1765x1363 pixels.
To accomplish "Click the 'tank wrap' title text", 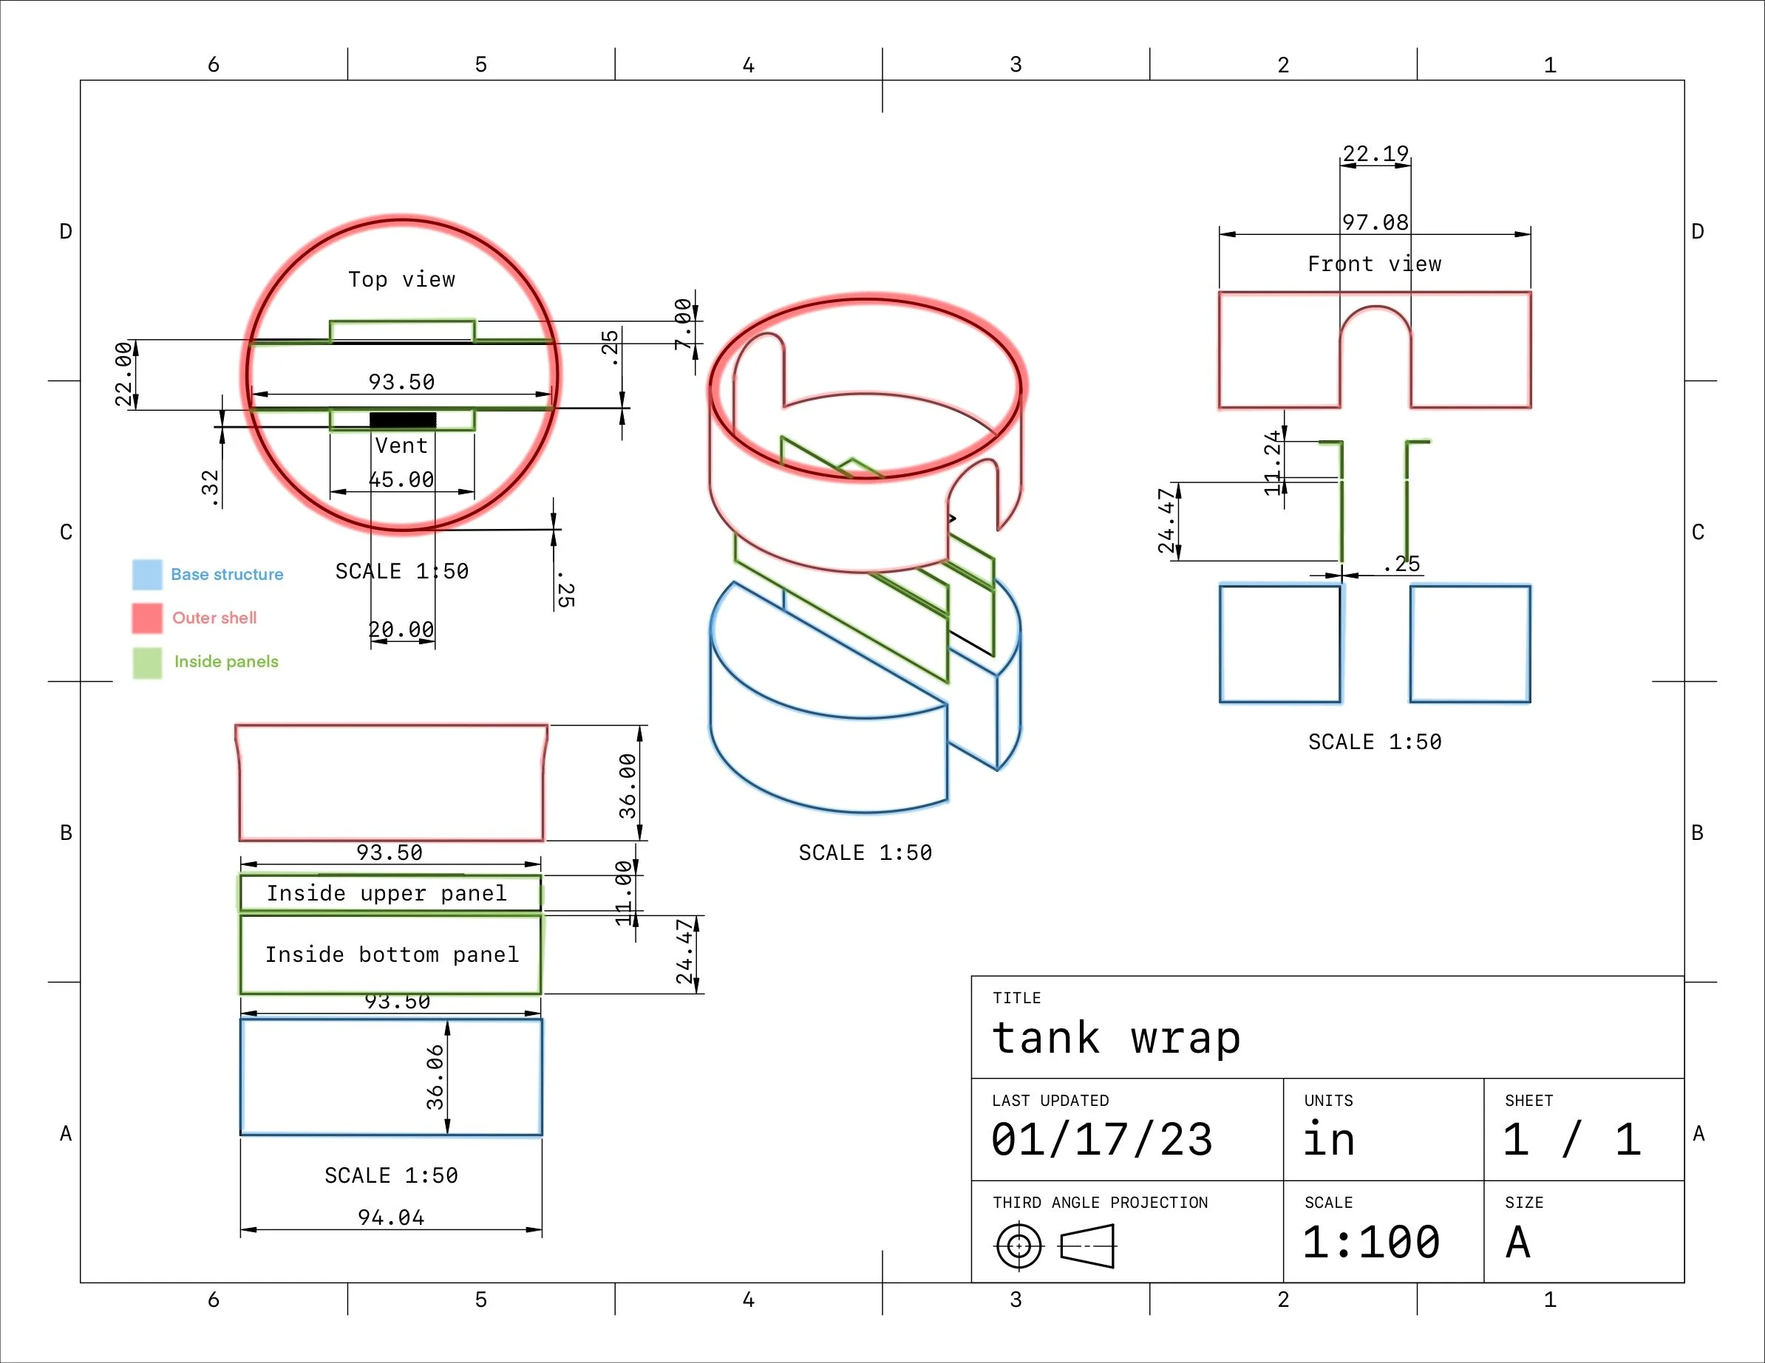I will tap(1116, 1038).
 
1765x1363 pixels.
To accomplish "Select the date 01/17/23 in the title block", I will tap(1101, 1140).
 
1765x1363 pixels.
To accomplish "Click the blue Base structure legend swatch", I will tap(147, 575).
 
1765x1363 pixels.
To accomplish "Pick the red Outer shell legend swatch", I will tap(147, 618).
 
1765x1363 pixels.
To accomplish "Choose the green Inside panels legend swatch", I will tap(147, 663).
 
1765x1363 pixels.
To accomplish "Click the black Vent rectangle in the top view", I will tap(403, 420).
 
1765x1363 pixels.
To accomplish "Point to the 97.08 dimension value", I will tap(1375, 222).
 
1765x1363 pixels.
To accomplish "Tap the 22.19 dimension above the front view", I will tap(1375, 154).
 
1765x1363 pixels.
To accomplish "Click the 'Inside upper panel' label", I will tap(387, 894).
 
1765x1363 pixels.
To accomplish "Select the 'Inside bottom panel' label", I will tap(392, 955).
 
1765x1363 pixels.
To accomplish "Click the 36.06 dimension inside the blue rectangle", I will tap(435, 1077).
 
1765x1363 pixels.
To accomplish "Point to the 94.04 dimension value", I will tap(391, 1217).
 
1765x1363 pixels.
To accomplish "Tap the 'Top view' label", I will tap(401, 279).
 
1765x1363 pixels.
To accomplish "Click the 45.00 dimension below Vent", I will tap(401, 480).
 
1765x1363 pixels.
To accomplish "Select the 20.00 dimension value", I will tap(401, 629).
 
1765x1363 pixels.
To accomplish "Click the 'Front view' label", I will tap(1374, 264).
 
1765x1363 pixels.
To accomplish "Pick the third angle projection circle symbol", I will tap(1018, 1246).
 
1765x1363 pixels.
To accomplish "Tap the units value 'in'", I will tap(1329, 1140).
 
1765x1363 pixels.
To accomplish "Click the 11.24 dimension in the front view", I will tap(1273, 462).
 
